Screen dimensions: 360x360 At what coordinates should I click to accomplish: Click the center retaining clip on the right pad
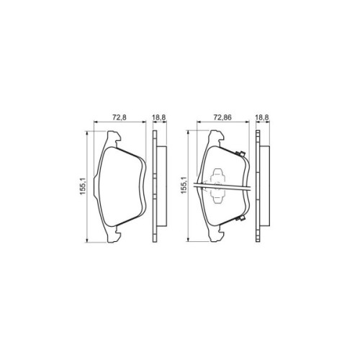219,186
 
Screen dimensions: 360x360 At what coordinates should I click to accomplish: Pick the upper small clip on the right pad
240,152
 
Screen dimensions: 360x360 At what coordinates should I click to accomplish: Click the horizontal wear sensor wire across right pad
230,189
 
